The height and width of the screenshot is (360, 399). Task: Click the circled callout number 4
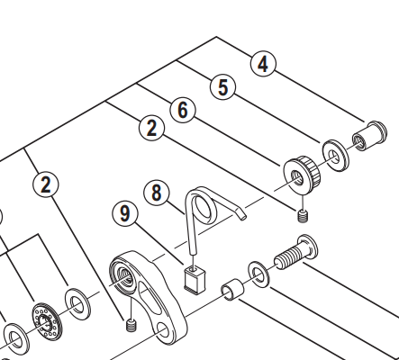click(x=263, y=64)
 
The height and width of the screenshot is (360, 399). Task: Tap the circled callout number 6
click(x=183, y=110)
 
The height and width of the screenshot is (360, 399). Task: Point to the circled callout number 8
click(x=156, y=192)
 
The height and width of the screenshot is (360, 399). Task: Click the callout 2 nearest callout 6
click(x=151, y=129)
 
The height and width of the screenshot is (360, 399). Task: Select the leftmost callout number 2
click(x=46, y=184)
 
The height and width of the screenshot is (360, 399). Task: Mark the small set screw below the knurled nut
click(x=303, y=215)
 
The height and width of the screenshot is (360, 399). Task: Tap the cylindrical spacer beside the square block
click(x=231, y=292)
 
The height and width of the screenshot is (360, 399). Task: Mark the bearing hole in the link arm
click(x=122, y=274)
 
